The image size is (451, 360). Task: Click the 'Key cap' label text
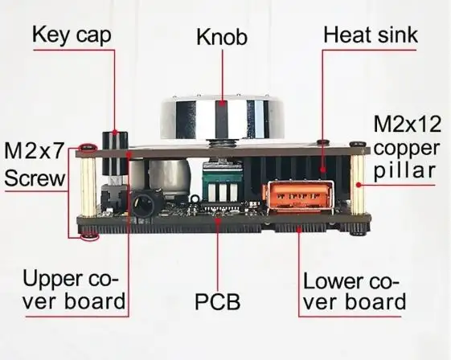[72, 35]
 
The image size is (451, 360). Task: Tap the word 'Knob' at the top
[222, 38]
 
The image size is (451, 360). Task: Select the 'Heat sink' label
[371, 35]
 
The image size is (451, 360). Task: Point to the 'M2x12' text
[408, 125]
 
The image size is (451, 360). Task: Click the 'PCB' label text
[218, 302]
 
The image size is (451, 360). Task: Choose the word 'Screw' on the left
[35, 178]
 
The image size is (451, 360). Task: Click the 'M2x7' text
[34, 151]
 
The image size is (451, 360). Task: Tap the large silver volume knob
[222, 118]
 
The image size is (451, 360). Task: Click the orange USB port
[298, 196]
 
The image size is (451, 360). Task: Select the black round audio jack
[144, 205]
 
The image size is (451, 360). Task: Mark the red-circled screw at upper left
[88, 148]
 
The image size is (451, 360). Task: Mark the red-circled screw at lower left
[90, 237]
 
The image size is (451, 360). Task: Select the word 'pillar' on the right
[404, 170]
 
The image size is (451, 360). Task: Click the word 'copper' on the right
[407, 149]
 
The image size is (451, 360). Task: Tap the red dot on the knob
[222, 104]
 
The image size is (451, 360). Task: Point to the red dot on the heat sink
[323, 170]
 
